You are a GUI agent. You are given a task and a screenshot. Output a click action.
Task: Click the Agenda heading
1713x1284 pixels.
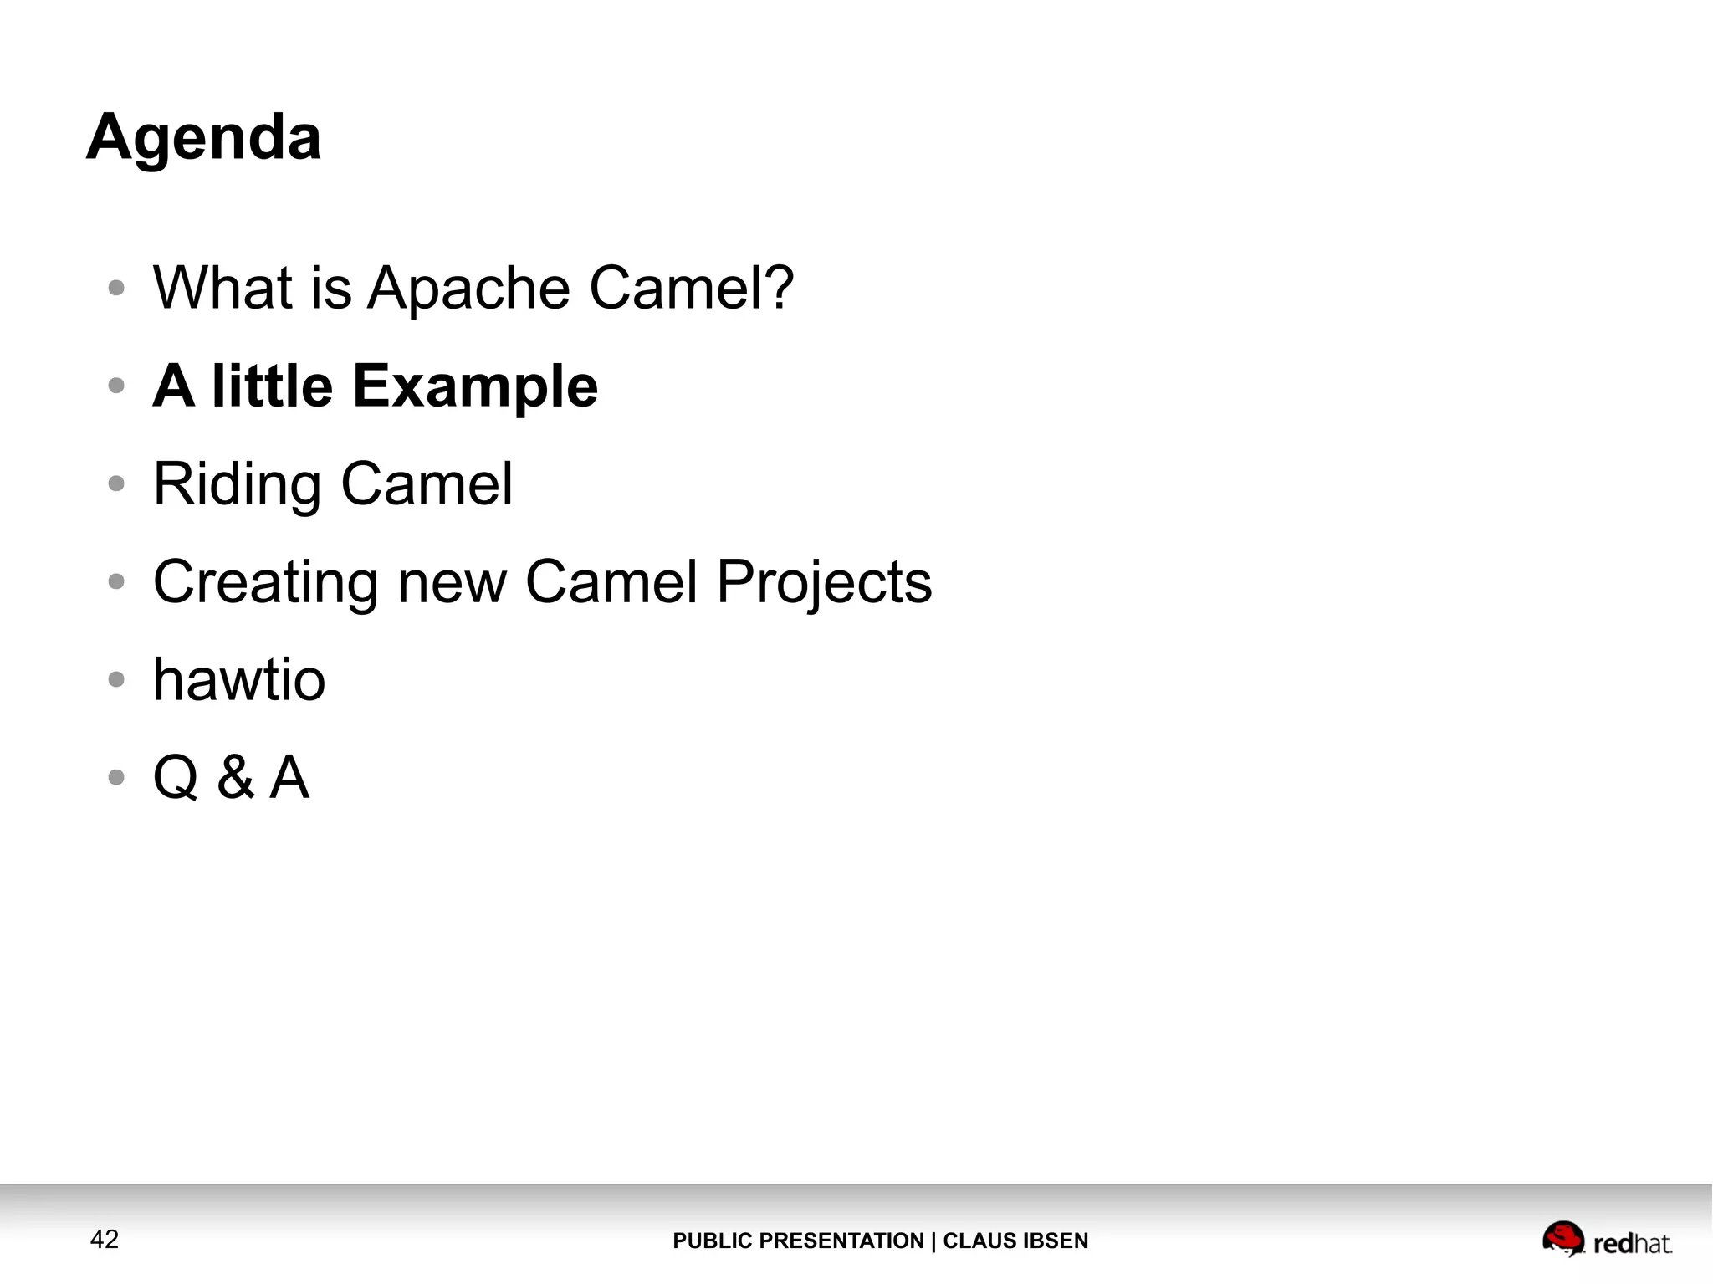203,138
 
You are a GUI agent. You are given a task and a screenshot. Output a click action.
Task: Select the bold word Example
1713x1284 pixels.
475,387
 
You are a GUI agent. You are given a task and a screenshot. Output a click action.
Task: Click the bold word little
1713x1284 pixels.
272,386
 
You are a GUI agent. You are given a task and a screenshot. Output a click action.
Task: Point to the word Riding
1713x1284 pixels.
237,485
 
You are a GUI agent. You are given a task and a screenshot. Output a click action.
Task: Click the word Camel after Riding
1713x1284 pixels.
427,483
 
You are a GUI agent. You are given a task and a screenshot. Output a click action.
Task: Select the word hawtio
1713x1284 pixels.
239,679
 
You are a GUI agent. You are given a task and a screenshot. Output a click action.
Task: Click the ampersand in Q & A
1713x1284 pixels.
236,777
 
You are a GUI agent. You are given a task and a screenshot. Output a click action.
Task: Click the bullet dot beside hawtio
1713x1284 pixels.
116,679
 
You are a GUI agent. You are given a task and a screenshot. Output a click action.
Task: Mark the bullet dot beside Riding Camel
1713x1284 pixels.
116,483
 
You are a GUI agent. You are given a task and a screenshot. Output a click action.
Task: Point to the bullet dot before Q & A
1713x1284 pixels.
116,777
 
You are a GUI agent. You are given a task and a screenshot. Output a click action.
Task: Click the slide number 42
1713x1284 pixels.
105,1240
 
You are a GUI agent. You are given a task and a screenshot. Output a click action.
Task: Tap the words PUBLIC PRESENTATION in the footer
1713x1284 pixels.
798,1241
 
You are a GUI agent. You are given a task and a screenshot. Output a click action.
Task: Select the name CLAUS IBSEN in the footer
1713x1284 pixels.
1015,1241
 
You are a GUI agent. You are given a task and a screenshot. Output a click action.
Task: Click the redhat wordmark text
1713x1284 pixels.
1633,1244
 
